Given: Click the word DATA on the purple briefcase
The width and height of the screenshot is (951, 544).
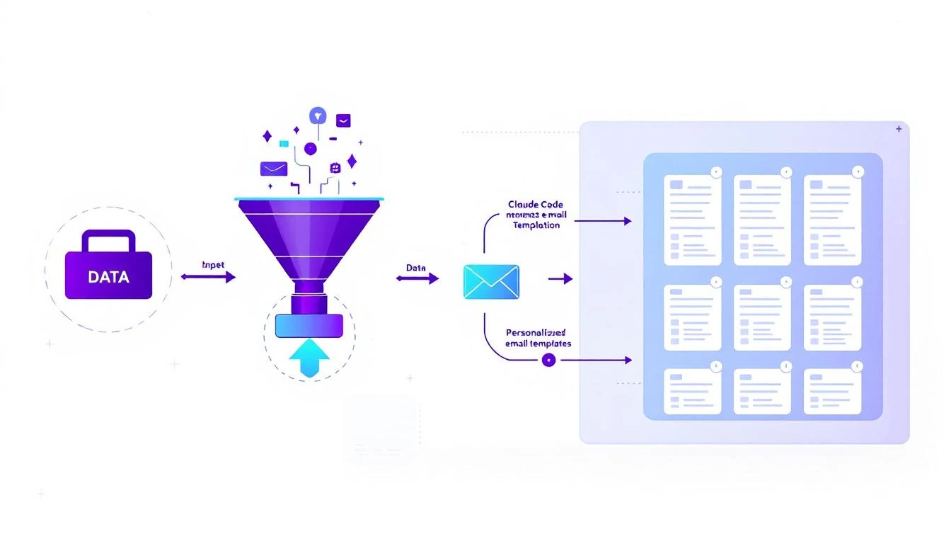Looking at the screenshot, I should click(x=108, y=277).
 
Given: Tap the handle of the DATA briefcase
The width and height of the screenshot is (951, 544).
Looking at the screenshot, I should click(x=108, y=239).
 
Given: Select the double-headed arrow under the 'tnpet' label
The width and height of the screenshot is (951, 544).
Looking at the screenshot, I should click(x=208, y=278).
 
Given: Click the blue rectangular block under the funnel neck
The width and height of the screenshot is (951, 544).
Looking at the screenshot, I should click(x=309, y=325).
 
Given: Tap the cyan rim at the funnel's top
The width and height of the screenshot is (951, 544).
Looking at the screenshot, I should click(x=309, y=199).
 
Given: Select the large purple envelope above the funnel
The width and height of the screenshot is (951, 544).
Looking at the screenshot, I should click(x=273, y=169).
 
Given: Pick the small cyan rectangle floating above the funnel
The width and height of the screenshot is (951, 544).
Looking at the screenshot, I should click(x=284, y=144).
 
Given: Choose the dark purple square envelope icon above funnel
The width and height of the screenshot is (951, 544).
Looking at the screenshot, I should click(x=343, y=120).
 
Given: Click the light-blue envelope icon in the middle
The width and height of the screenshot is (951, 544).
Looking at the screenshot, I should click(x=491, y=281).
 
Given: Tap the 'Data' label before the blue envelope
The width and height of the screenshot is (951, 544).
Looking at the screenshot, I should click(x=416, y=268).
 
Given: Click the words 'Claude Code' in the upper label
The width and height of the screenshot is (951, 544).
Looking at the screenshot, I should click(x=536, y=205).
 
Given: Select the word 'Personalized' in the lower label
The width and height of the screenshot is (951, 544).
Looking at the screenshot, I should click(x=536, y=331).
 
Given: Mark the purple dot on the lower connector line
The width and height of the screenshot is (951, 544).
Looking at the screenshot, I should click(x=548, y=360).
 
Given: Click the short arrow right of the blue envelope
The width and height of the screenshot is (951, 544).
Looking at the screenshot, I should click(x=560, y=279).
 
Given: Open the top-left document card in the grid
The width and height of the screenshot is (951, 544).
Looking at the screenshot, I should click(x=692, y=220).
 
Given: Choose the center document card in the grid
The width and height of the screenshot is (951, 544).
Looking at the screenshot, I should click(x=762, y=317).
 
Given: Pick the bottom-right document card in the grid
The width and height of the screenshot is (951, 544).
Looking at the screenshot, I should click(x=832, y=391).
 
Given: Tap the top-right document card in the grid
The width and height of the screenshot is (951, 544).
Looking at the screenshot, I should click(x=832, y=220).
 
